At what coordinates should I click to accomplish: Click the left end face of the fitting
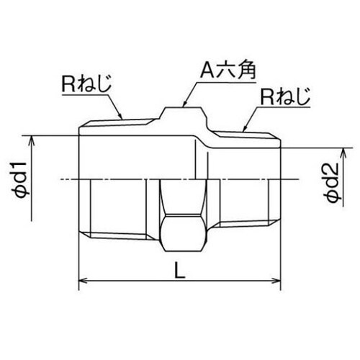click(x=78, y=180)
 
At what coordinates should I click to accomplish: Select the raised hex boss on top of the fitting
click(x=184, y=115)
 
